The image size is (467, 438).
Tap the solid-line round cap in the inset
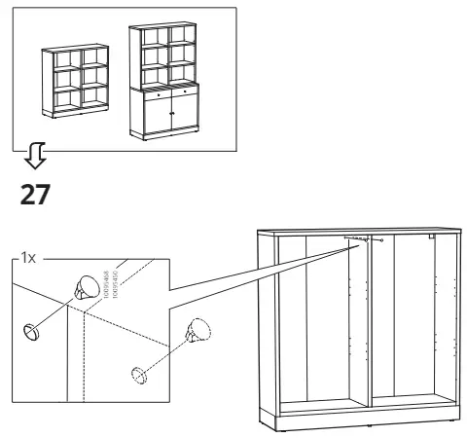tap(32, 331)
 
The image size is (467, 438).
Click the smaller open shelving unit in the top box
tap(72, 82)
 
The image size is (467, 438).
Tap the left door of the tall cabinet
tap(149, 118)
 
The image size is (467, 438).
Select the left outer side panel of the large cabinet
tap(261, 326)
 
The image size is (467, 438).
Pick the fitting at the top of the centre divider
tap(367, 239)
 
